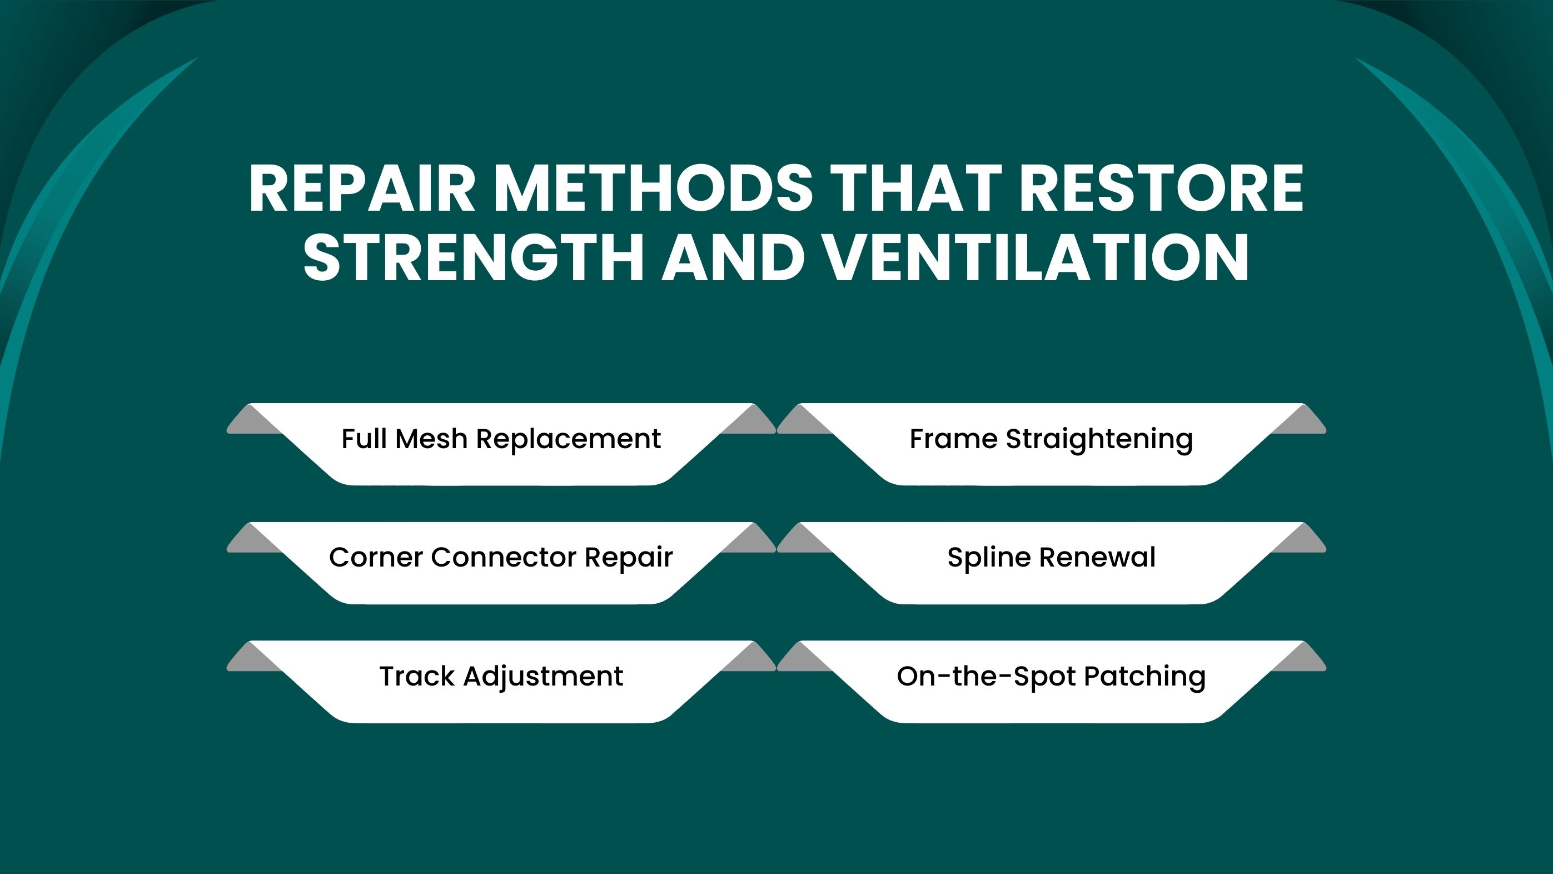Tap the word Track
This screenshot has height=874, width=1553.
[417, 676]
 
